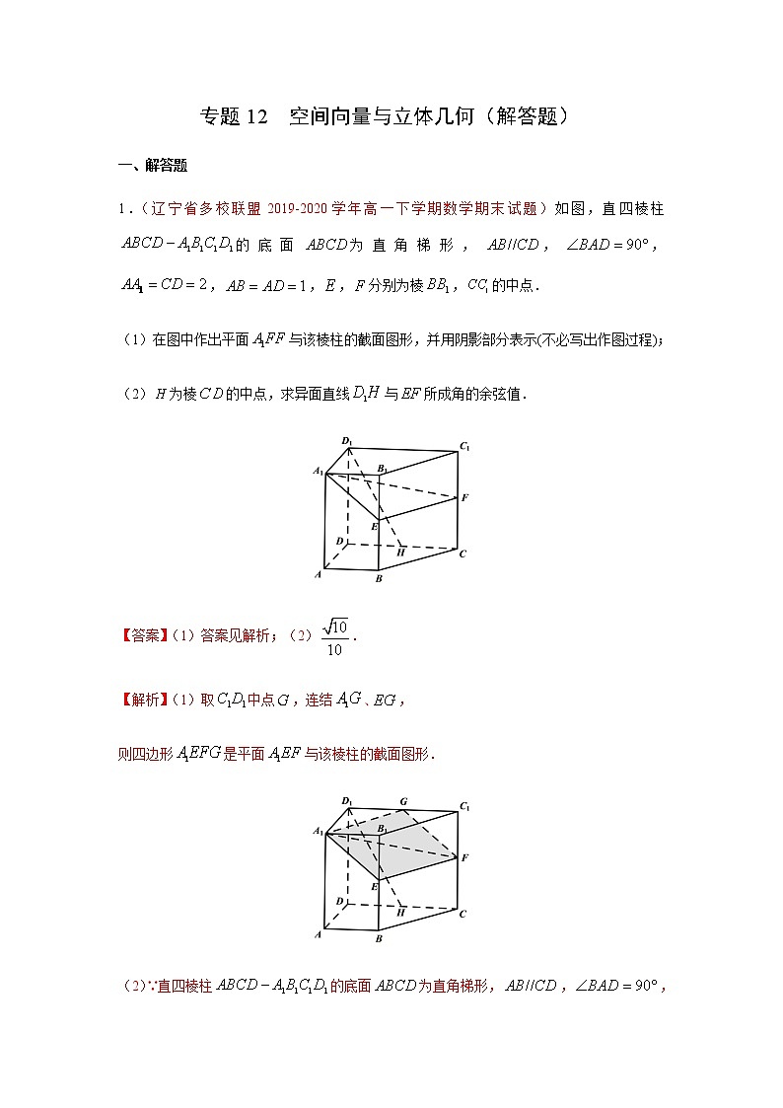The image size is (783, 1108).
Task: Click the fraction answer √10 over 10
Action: coord(335,637)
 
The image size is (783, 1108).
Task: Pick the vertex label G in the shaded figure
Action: coord(402,800)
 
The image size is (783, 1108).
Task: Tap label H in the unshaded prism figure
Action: coord(401,554)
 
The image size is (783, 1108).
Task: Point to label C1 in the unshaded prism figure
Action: coord(463,447)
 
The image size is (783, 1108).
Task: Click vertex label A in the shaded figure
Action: coord(318,932)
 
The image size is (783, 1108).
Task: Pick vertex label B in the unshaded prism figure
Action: coord(379,579)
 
